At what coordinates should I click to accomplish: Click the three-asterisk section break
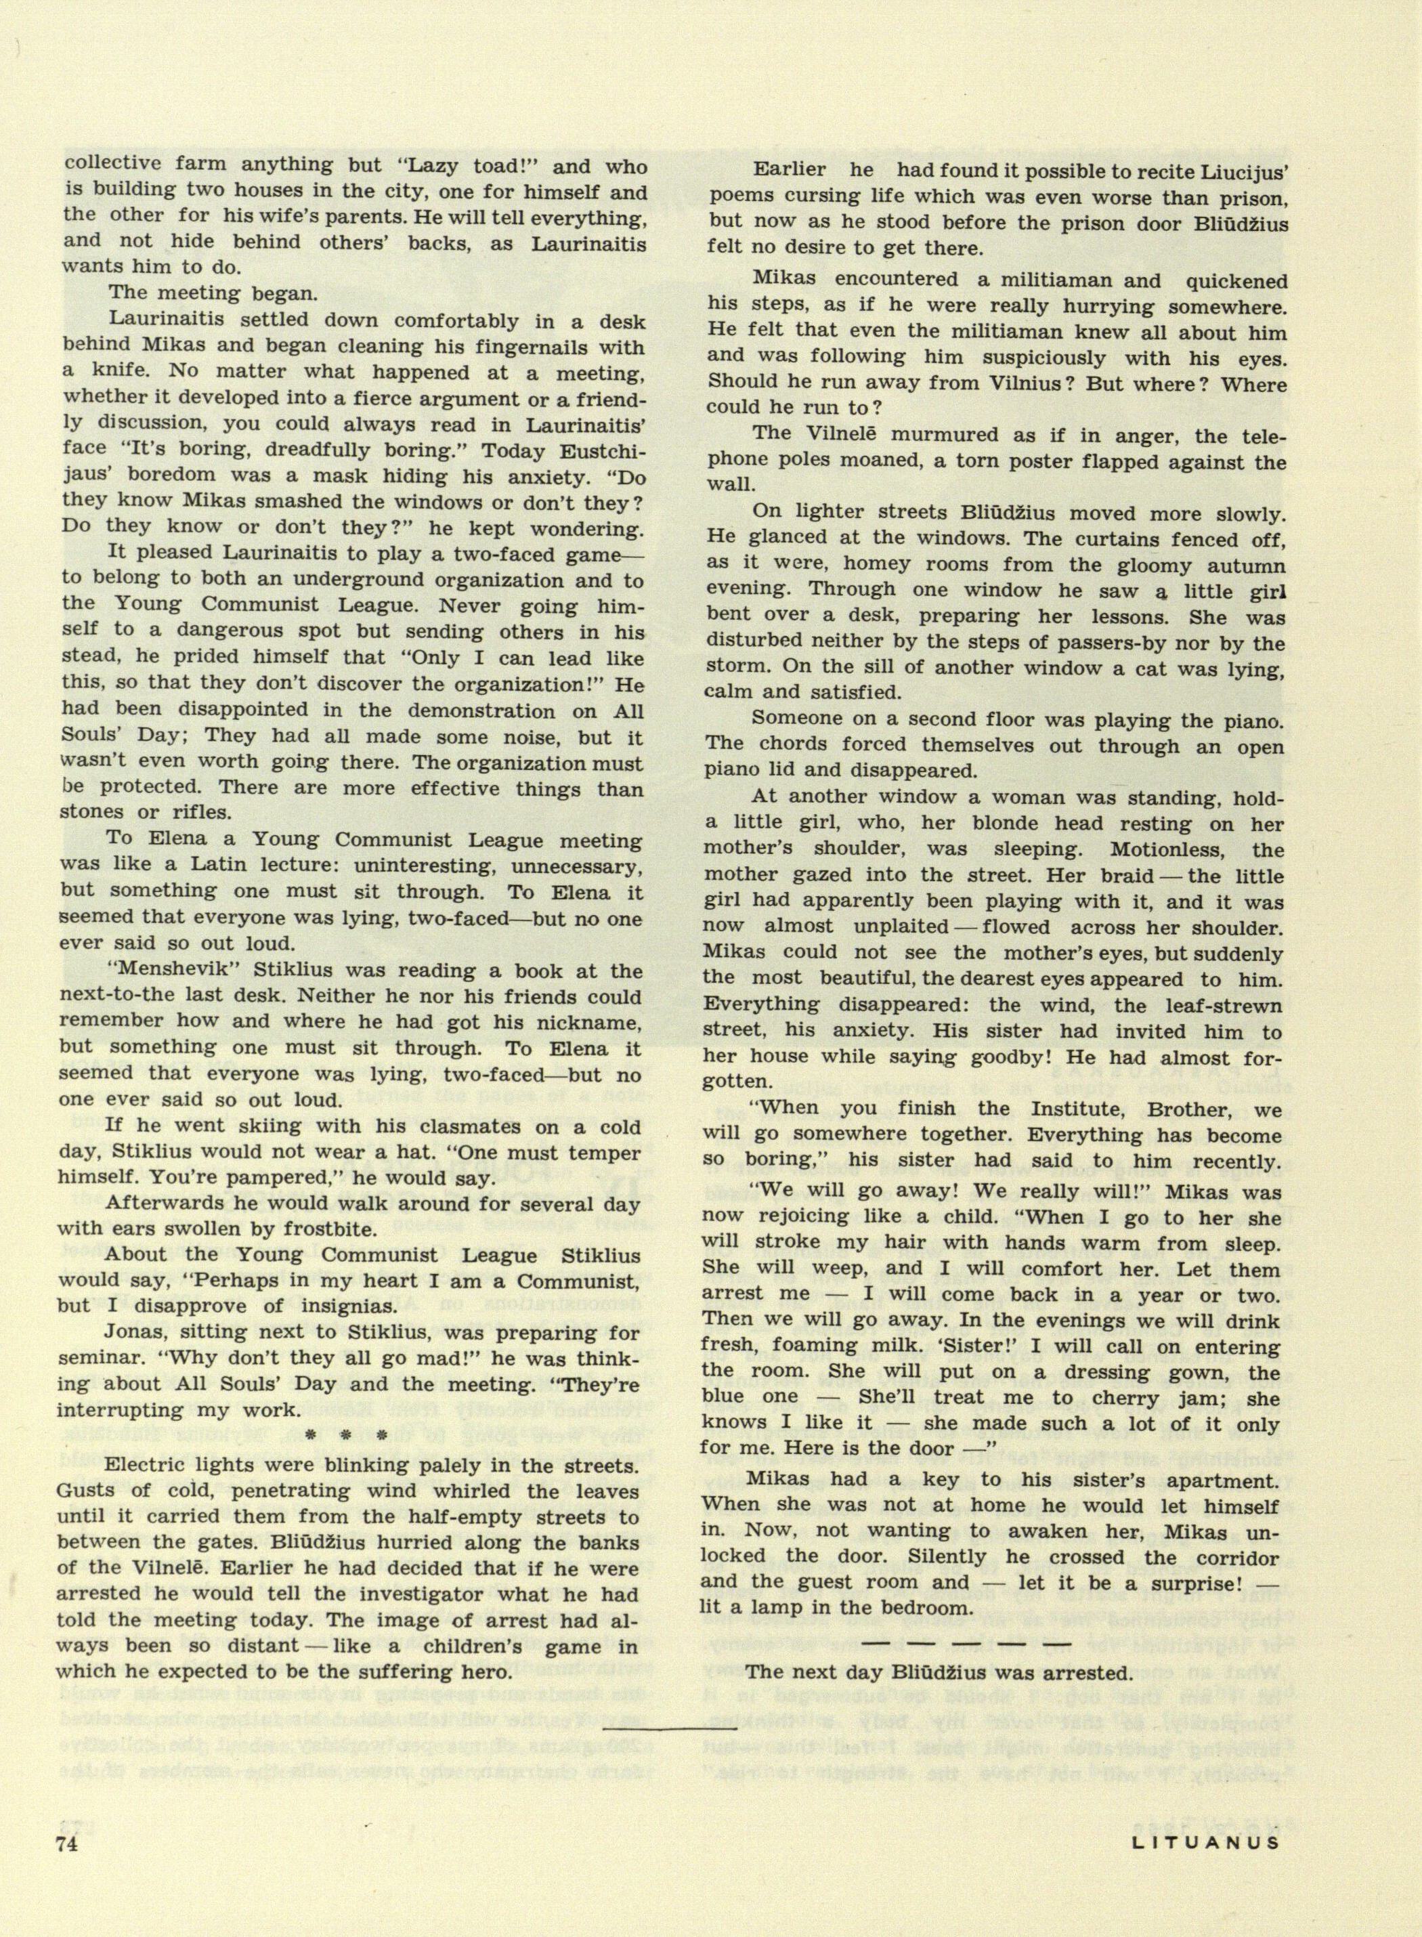[353, 1435]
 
